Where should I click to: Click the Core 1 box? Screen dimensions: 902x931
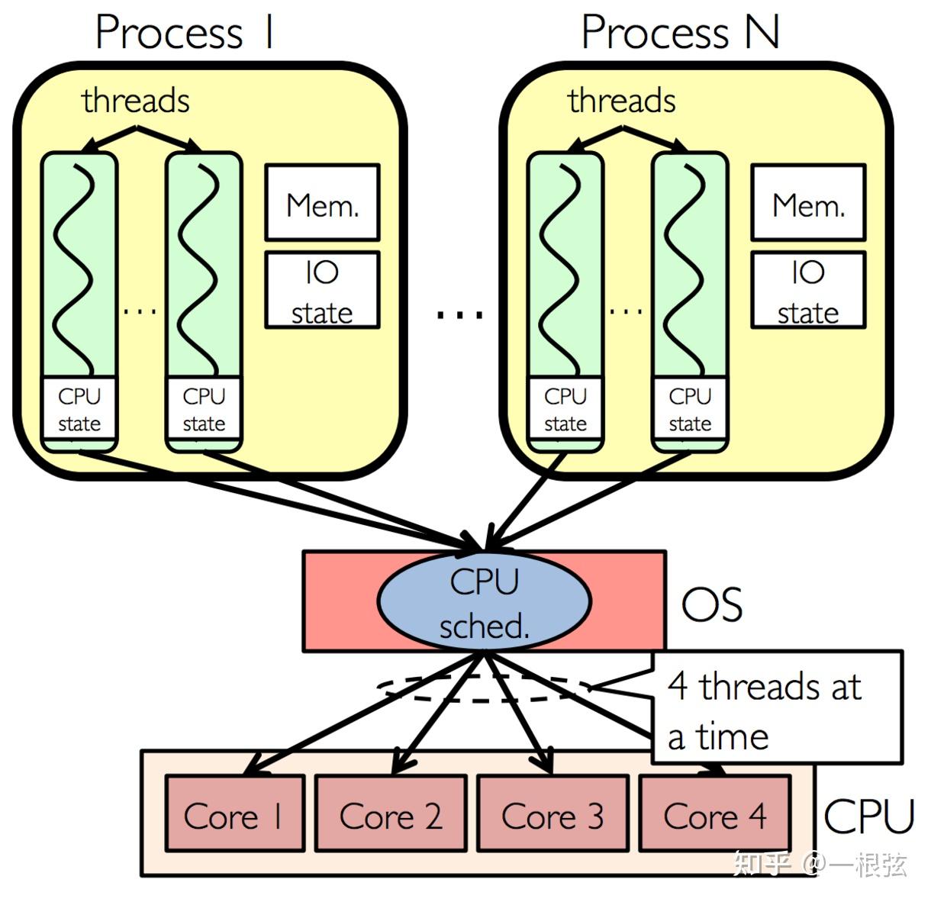tap(234, 813)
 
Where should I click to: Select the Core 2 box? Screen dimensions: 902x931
tap(391, 813)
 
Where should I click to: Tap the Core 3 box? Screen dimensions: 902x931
tap(552, 813)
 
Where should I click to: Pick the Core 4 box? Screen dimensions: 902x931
tap(714, 813)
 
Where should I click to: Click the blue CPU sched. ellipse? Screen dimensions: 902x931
tap(484, 602)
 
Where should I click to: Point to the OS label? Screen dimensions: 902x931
tap(711, 605)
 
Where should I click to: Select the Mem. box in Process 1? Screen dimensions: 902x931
tap(322, 202)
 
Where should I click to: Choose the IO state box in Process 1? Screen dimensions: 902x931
tap(322, 290)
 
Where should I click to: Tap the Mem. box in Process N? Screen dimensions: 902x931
tap(808, 202)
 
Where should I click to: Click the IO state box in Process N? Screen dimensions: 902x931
tap(808, 290)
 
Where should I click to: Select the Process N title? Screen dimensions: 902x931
tap(680, 34)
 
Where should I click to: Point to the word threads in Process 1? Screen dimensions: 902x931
tap(136, 101)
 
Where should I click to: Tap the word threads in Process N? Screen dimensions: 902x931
tap(622, 101)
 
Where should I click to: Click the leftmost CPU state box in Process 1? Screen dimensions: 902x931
tap(79, 409)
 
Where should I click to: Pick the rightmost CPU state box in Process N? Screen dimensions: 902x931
tap(690, 409)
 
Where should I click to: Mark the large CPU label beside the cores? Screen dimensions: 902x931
tap(868, 817)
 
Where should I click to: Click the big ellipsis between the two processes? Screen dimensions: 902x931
tap(460, 314)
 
